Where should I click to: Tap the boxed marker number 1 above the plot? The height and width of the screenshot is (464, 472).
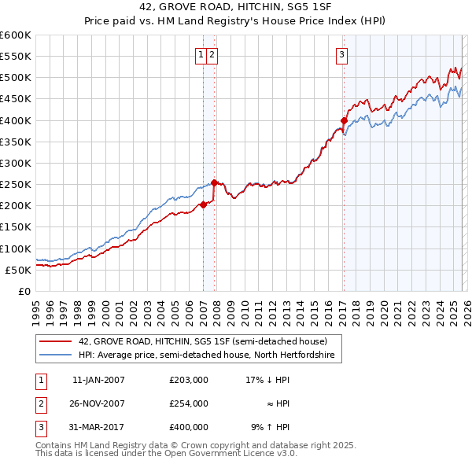201,54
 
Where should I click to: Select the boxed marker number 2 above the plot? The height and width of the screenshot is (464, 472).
213,54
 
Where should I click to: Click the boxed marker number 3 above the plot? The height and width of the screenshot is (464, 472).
343,54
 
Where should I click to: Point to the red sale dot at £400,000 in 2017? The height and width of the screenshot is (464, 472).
344,120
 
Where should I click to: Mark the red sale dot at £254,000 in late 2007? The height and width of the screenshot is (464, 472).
215,182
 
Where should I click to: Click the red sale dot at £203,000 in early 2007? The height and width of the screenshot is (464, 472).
203,204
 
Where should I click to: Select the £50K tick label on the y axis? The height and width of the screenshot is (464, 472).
19,270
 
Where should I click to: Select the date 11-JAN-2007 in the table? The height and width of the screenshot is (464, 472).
98,380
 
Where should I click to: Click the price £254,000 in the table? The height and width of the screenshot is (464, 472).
188,403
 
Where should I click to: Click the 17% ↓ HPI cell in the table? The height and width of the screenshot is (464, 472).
267,380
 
